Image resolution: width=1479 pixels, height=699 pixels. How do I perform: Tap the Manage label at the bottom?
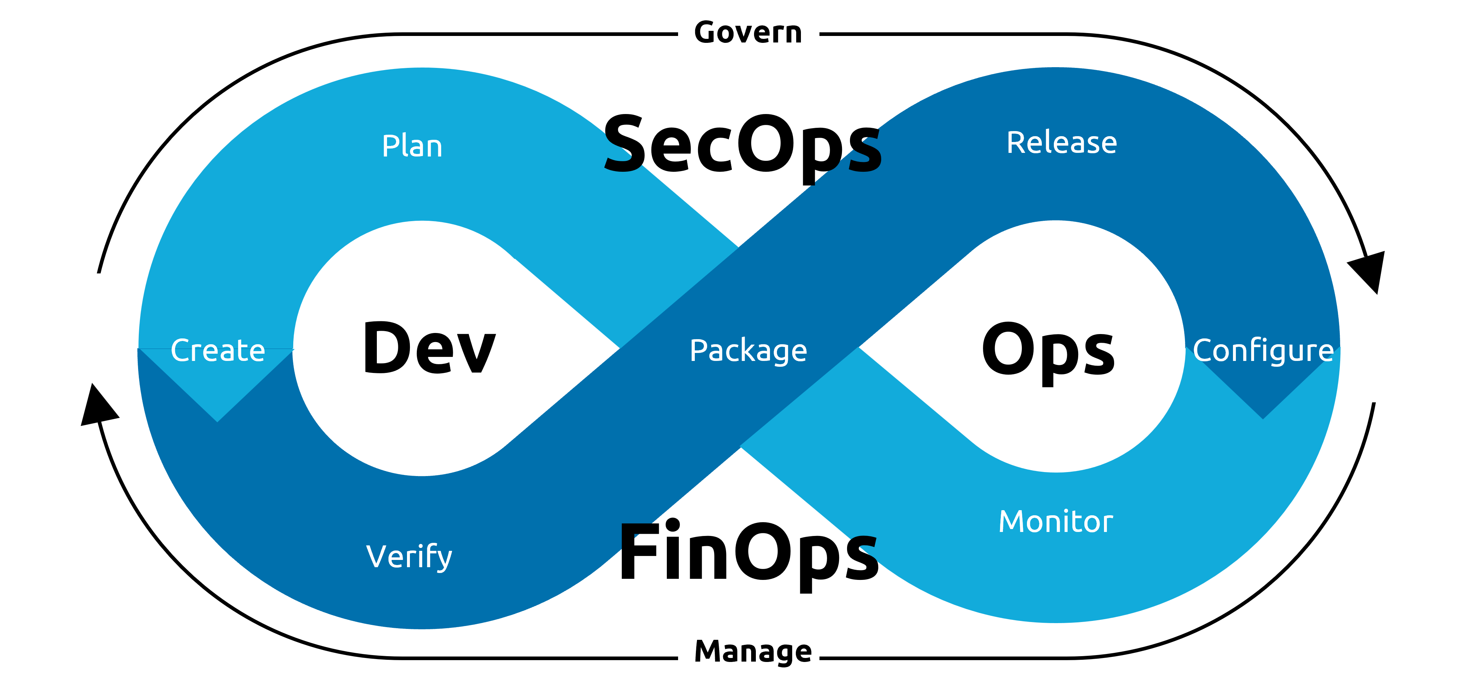point(753,651)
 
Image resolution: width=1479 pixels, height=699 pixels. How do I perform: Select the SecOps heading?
point(742,145)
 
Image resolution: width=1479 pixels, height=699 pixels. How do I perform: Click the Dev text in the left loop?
point(429,348)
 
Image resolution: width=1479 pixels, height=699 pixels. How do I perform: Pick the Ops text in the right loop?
point(1048,350)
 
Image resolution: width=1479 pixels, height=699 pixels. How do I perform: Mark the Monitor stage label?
point(1055,522)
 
